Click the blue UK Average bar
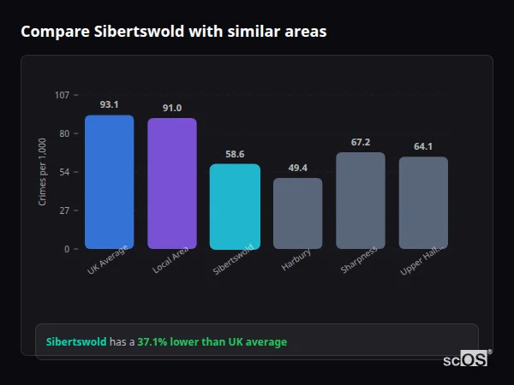pos(109,182)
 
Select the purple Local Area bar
pos(172,184)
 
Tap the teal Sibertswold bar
pos(235,206)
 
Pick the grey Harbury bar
pos(298,214)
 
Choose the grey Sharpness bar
pos(361,201)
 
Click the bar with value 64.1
pos(423,203)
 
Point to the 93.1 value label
pos(109,104)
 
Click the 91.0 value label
pos(172,108)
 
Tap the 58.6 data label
pos(235,154)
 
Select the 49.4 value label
pos(298,168)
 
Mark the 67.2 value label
pos(361,142)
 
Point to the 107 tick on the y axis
pos(62,95)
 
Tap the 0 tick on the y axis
pos(67,249)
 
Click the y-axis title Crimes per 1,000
pos(43,172)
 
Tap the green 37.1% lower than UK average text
pos(212,342)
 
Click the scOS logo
pos(465,359)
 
